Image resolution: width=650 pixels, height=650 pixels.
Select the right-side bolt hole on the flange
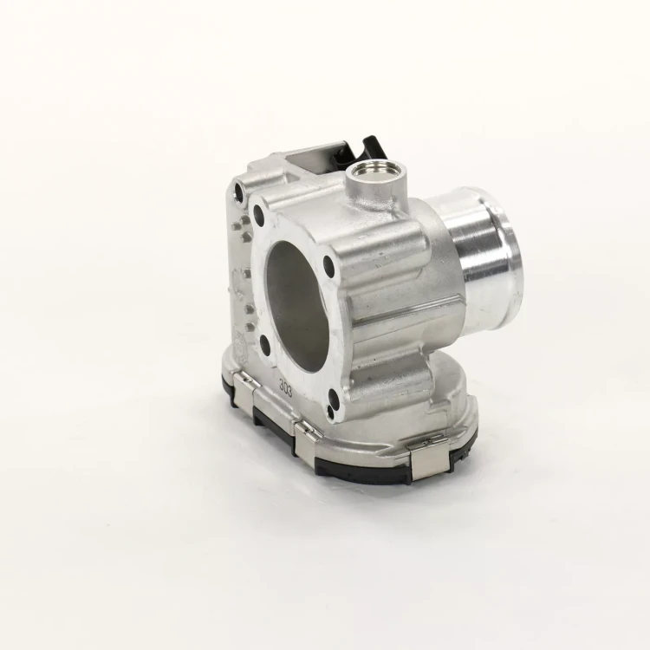point(328,266)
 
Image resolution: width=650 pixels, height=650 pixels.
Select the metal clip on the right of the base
point(430,460)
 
